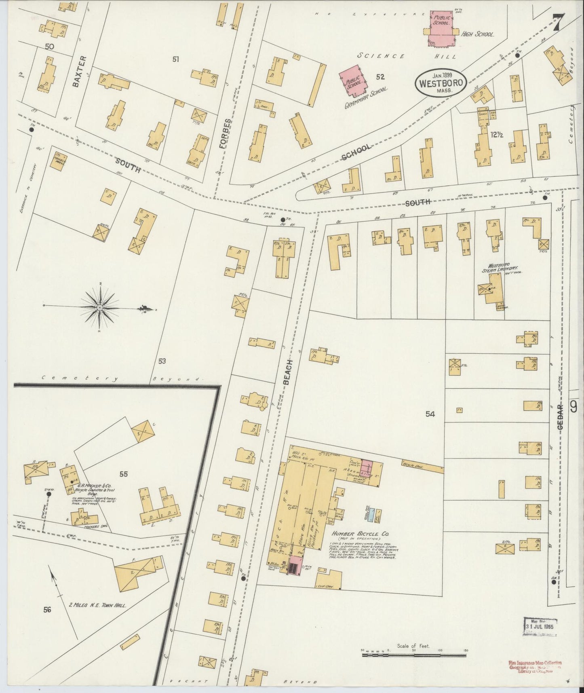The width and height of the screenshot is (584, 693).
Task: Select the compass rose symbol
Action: (99, 308)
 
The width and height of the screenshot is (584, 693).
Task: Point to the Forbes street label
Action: (227, 134)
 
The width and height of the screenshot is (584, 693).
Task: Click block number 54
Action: (430, 414)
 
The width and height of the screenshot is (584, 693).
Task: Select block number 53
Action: (162, 361)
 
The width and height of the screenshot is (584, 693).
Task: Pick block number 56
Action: (47, 610)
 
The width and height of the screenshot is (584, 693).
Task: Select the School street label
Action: (356, 152)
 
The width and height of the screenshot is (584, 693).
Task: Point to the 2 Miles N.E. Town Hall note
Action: (97, 606)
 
